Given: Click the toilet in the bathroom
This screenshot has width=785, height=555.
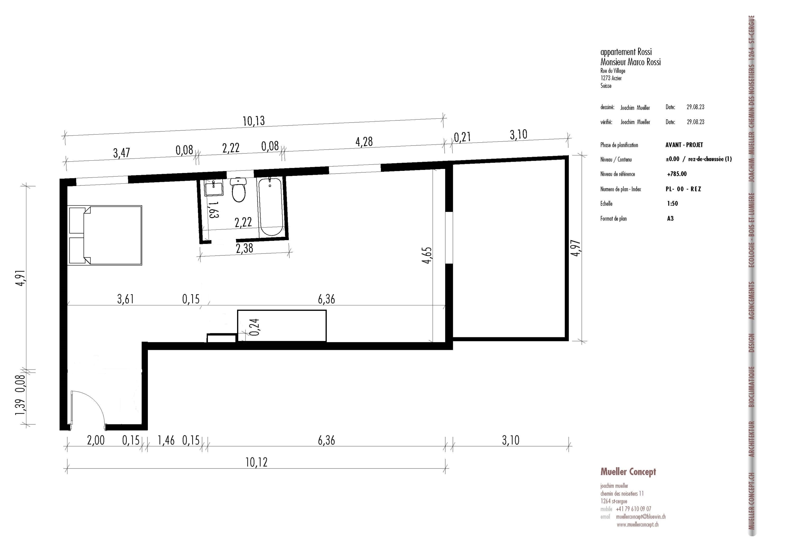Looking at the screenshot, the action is (x=238, y=190).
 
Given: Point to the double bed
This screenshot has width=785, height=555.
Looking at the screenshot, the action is (x=105, y=235).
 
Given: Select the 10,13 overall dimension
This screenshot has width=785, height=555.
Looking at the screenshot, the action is (x=254, y=121).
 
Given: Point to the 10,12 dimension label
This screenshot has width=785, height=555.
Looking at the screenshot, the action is (x=256, y=462).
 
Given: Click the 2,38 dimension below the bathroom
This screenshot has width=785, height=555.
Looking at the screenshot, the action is (x=244, y=248).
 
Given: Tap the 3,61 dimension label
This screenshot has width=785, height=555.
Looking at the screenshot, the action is (x=125, y=299).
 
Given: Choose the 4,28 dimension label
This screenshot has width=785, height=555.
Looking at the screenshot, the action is (x=364, y=142).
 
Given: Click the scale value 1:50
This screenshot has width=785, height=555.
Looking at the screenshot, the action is (x=672, y=204).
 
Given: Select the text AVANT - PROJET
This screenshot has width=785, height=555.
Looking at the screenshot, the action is (x=684, y=145).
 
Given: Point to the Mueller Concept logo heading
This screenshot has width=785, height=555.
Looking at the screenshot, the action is (x=628, y=472).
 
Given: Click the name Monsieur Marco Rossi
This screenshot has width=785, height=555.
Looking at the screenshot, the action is (x=630, y=62).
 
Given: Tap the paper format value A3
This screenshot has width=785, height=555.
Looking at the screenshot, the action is (x=670, y=219).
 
